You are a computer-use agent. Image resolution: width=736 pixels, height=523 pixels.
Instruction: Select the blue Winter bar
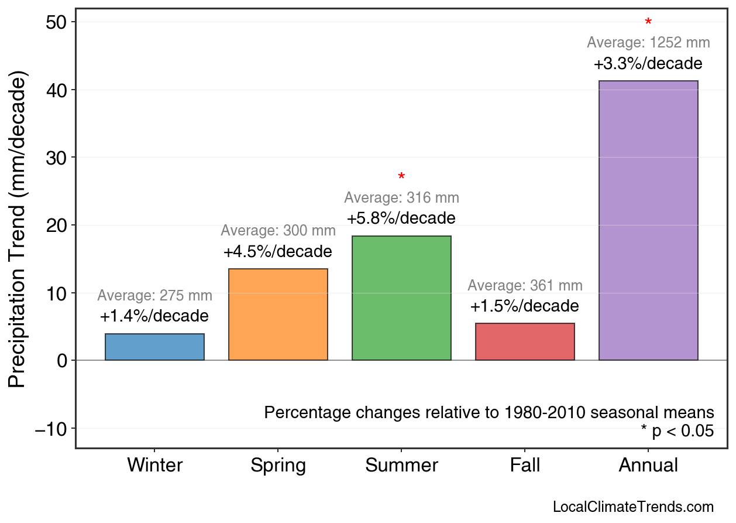[x=154, y=347]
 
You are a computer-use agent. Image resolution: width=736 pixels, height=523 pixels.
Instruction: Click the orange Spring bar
[x=278, y=315]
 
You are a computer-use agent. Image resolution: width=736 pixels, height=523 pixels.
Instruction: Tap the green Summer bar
[x=401, y=298]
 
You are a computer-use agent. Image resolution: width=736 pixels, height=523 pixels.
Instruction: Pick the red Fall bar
[x=525, y=341]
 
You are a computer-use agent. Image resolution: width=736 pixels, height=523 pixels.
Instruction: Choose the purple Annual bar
[x=648, y=220]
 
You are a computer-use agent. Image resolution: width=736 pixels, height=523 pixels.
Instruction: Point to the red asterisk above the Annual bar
[x=648, y=23]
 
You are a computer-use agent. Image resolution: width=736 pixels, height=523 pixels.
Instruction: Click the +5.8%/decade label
[x=401, y=218]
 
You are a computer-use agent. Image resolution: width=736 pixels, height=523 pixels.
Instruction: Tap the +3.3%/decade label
[x=648, y=63]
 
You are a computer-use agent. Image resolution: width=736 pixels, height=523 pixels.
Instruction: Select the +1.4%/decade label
[x=154, y=316]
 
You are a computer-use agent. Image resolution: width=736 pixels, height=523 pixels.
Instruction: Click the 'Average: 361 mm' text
[x=525, y=286]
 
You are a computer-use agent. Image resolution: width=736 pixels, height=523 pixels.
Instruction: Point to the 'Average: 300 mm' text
[x=278, y=231]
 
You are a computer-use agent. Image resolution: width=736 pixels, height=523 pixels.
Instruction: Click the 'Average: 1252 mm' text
[x=648, y=43]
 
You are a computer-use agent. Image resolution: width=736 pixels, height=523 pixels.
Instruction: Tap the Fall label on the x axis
[x=525, y=466]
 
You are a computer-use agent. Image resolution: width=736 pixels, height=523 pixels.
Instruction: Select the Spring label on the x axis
[x=278, y=466]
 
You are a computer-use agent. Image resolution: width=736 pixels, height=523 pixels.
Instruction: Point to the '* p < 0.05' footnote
[x=677, y=431]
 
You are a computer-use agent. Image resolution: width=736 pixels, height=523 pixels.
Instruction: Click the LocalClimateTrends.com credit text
[x=633, y=507]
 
